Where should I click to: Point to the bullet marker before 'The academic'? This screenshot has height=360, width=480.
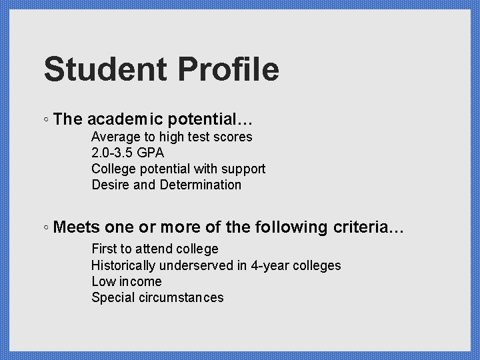pyautogui.click(x=45, y=121)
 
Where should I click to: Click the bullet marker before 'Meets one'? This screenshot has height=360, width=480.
pyautogui.click(x=45, y=228)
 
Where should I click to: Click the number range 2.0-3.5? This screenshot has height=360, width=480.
pyautogui.click(x=113, y=153)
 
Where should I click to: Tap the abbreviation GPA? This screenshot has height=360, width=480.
pyautogui.click(x=151, y=153)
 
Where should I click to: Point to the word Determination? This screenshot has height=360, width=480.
pyautogui.click(x=201, y=185)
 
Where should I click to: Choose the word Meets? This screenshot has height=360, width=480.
pyautogui.click(x=77, y=227)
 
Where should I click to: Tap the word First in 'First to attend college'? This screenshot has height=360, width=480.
pyautogui.click(x=104, y=249)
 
